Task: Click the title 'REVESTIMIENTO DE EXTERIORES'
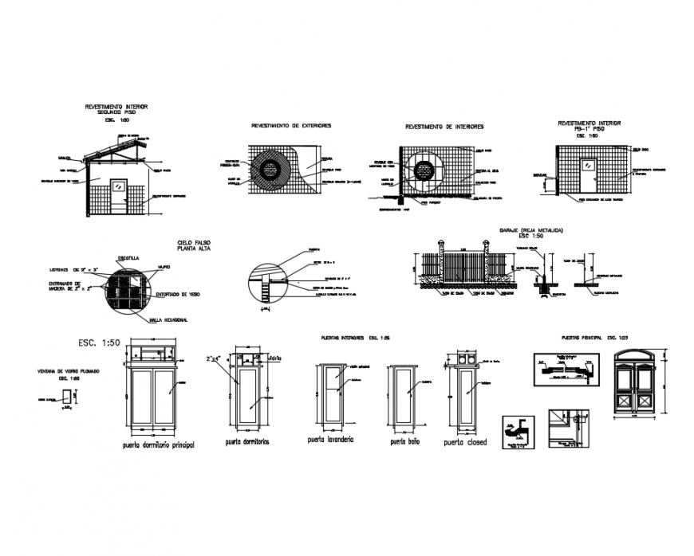point(291,126)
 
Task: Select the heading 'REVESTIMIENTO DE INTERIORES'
point(444,127)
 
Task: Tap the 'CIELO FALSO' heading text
point(195,242)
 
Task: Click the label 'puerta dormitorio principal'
point(158,444)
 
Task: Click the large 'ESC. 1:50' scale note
point(100,343)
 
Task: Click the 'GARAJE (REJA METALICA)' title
point(531,230)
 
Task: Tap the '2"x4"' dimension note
point(214,358)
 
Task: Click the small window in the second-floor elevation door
point(119,184)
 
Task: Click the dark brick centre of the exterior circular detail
point(270,169)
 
